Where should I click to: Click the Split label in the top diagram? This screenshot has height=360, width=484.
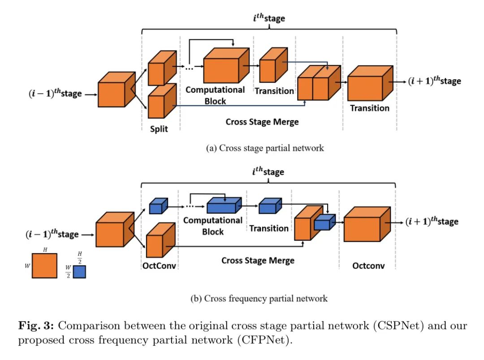pyautogui.click(x=159, y=129)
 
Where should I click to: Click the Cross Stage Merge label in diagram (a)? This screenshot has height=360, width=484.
pyautogui.click(x=262, y=122)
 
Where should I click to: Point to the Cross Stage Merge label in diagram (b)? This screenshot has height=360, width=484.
pyautogui.click(x=258, y=260)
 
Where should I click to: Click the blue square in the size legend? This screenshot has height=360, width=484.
pyautogui.click(x=79, y=272)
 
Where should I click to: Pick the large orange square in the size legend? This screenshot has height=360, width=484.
pyautogui.click(x=44, y=265)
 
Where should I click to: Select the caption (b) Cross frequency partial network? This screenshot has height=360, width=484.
pyautogui.click(x=266, y=298)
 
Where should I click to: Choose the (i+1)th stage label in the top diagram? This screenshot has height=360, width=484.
pyautogui.click(x=434, y=81)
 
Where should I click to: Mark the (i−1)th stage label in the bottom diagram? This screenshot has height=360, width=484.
pyautogui.click(x=53, y=234)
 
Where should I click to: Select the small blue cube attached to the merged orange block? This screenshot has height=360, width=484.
pyautogui.click(x=324, y=223)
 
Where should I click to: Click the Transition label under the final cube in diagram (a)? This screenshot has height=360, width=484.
pyautogui.click(x=370, y=108)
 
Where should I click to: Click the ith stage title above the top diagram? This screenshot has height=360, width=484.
pyautogui.click(x=268, y=19)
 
